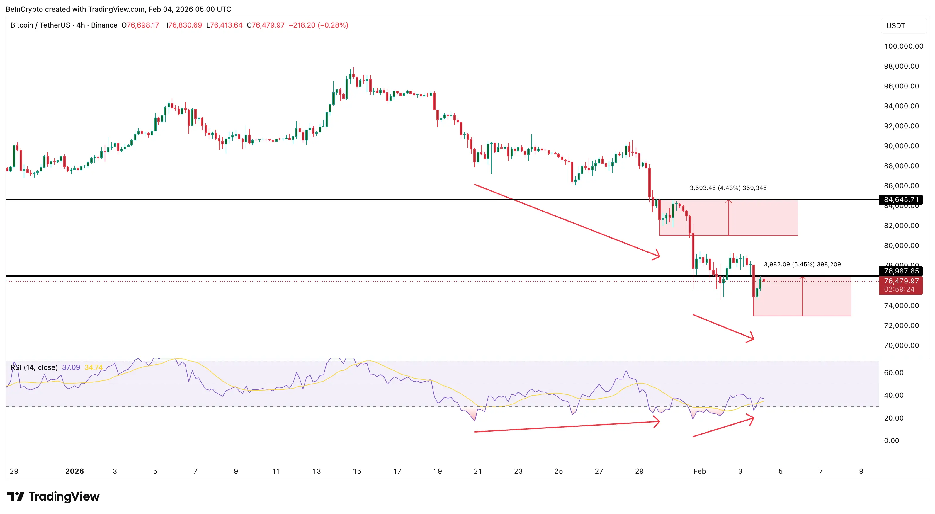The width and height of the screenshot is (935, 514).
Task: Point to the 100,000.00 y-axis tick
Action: click(903, 46)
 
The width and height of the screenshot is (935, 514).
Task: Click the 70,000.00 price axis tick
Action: click(901, 345)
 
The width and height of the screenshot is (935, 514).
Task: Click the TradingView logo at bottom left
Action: click(53, 496)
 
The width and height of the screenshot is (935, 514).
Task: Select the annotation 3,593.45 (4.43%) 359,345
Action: click(728, 188)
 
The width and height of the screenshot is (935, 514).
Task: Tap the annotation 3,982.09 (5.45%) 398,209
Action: click(802, 264)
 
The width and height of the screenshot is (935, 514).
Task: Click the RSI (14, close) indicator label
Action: click(34, 367)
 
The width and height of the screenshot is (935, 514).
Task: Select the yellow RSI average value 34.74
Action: click(93, 367)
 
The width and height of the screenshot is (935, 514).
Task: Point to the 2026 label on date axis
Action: click(74, 471)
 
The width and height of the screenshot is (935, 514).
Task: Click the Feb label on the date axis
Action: click(699, 471)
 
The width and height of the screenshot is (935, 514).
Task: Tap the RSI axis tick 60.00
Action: click(894, 372)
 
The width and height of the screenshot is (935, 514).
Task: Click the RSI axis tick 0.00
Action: click(891, 441)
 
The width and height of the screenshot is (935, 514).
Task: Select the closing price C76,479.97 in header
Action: click(265, 25)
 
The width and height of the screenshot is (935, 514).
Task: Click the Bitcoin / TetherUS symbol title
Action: click(40, 25)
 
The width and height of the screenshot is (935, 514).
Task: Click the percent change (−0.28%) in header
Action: click(333, 25)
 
